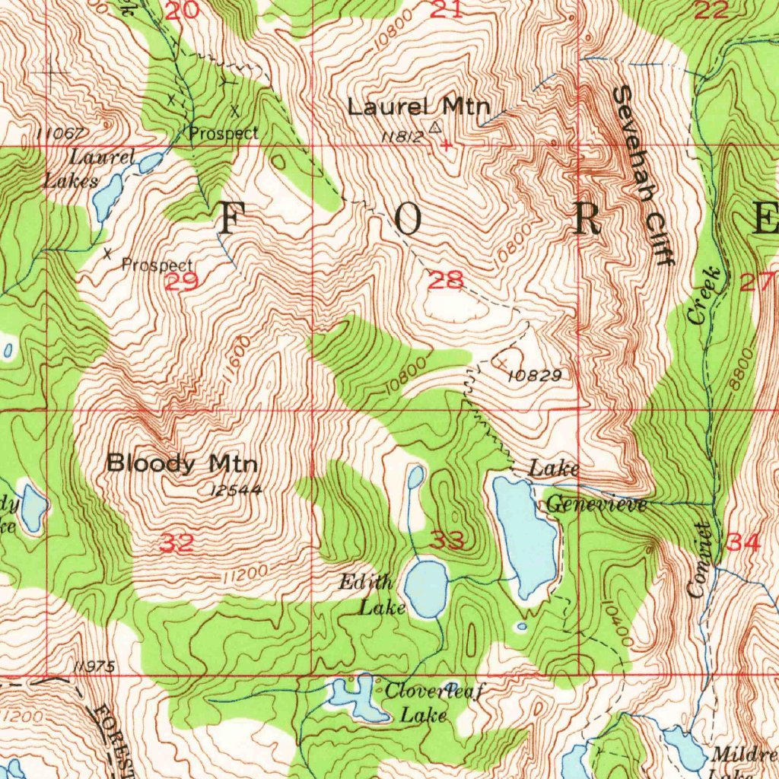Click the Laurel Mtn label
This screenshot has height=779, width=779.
point(418,107)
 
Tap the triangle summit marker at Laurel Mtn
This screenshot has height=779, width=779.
point(435,127)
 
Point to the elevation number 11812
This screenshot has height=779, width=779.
point(402,137)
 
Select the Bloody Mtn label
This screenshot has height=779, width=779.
point(182,463)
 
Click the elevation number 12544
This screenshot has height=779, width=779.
point(237,491)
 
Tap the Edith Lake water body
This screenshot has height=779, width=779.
point(426,588)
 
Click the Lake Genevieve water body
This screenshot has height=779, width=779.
point(525,536)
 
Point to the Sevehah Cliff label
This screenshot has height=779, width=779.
point(643,176)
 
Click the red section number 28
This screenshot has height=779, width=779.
point(445,280)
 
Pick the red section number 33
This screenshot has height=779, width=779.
point(447,541)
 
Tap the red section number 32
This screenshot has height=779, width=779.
point(176,543)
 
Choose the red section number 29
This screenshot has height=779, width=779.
point(182,282)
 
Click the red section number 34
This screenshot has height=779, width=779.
point(742,542)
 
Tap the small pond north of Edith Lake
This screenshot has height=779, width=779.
point(415,477)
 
